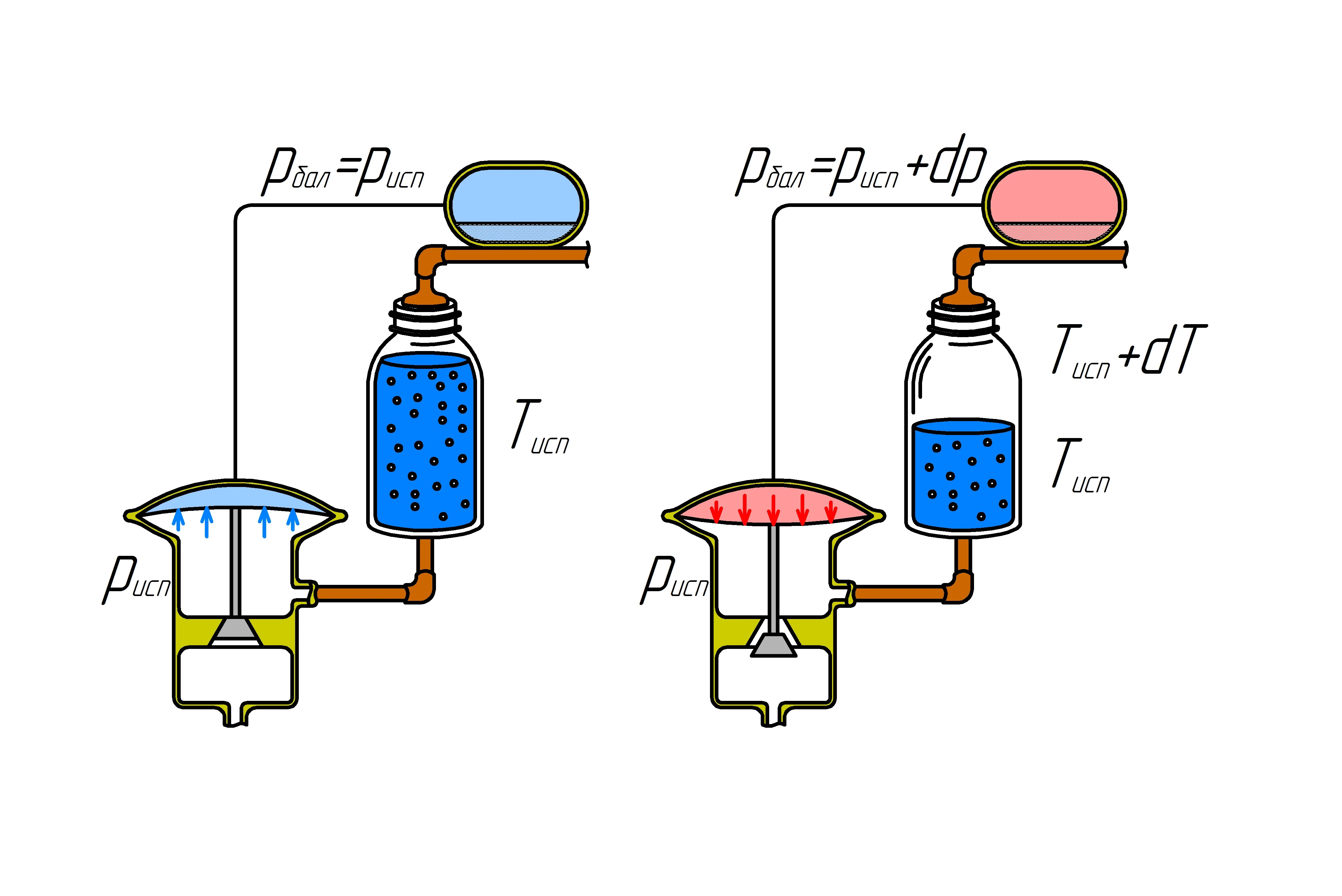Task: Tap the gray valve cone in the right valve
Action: tap(773, 645)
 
